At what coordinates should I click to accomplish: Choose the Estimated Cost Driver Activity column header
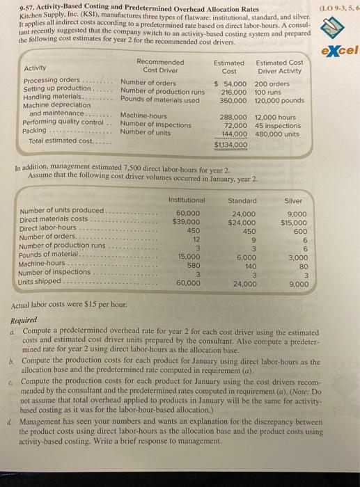click(279, 66)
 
